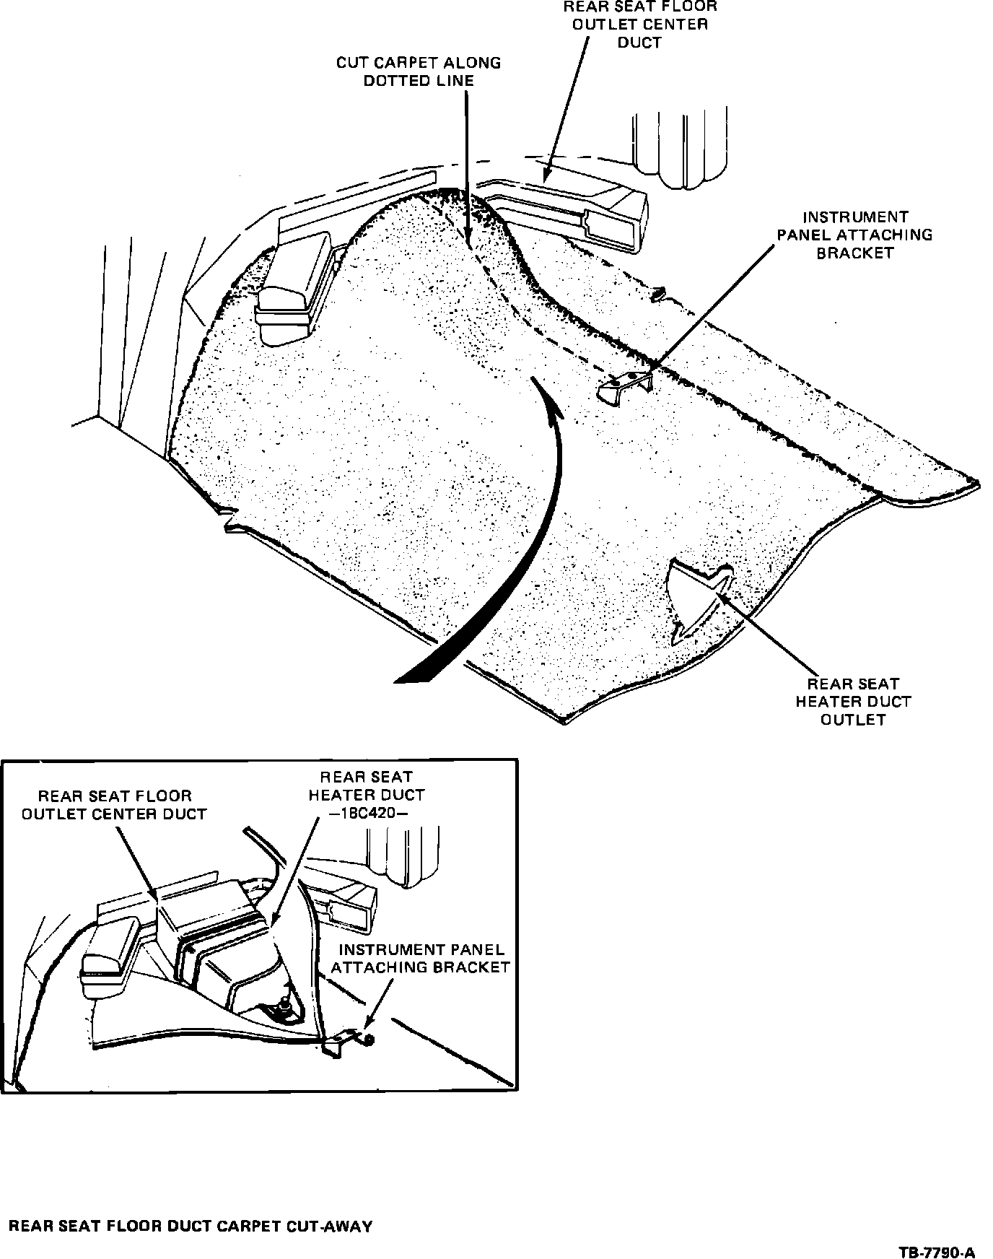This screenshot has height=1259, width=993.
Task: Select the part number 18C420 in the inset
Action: click(366, 813)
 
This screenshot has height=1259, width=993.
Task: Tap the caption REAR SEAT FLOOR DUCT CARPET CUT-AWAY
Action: click(190, 1226)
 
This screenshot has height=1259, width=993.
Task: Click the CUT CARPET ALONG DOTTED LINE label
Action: click(418, 71)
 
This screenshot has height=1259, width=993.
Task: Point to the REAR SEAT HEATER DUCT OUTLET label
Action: click(852, 701)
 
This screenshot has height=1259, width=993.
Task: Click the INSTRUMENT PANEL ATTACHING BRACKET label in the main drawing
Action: click(854, 235)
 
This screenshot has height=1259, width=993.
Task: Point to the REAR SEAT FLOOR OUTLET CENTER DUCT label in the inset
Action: click(114, 805)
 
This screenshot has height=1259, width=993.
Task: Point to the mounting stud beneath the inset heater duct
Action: click(284, 1005)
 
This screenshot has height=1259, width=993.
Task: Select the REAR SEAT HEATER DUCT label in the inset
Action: click(366, 785)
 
